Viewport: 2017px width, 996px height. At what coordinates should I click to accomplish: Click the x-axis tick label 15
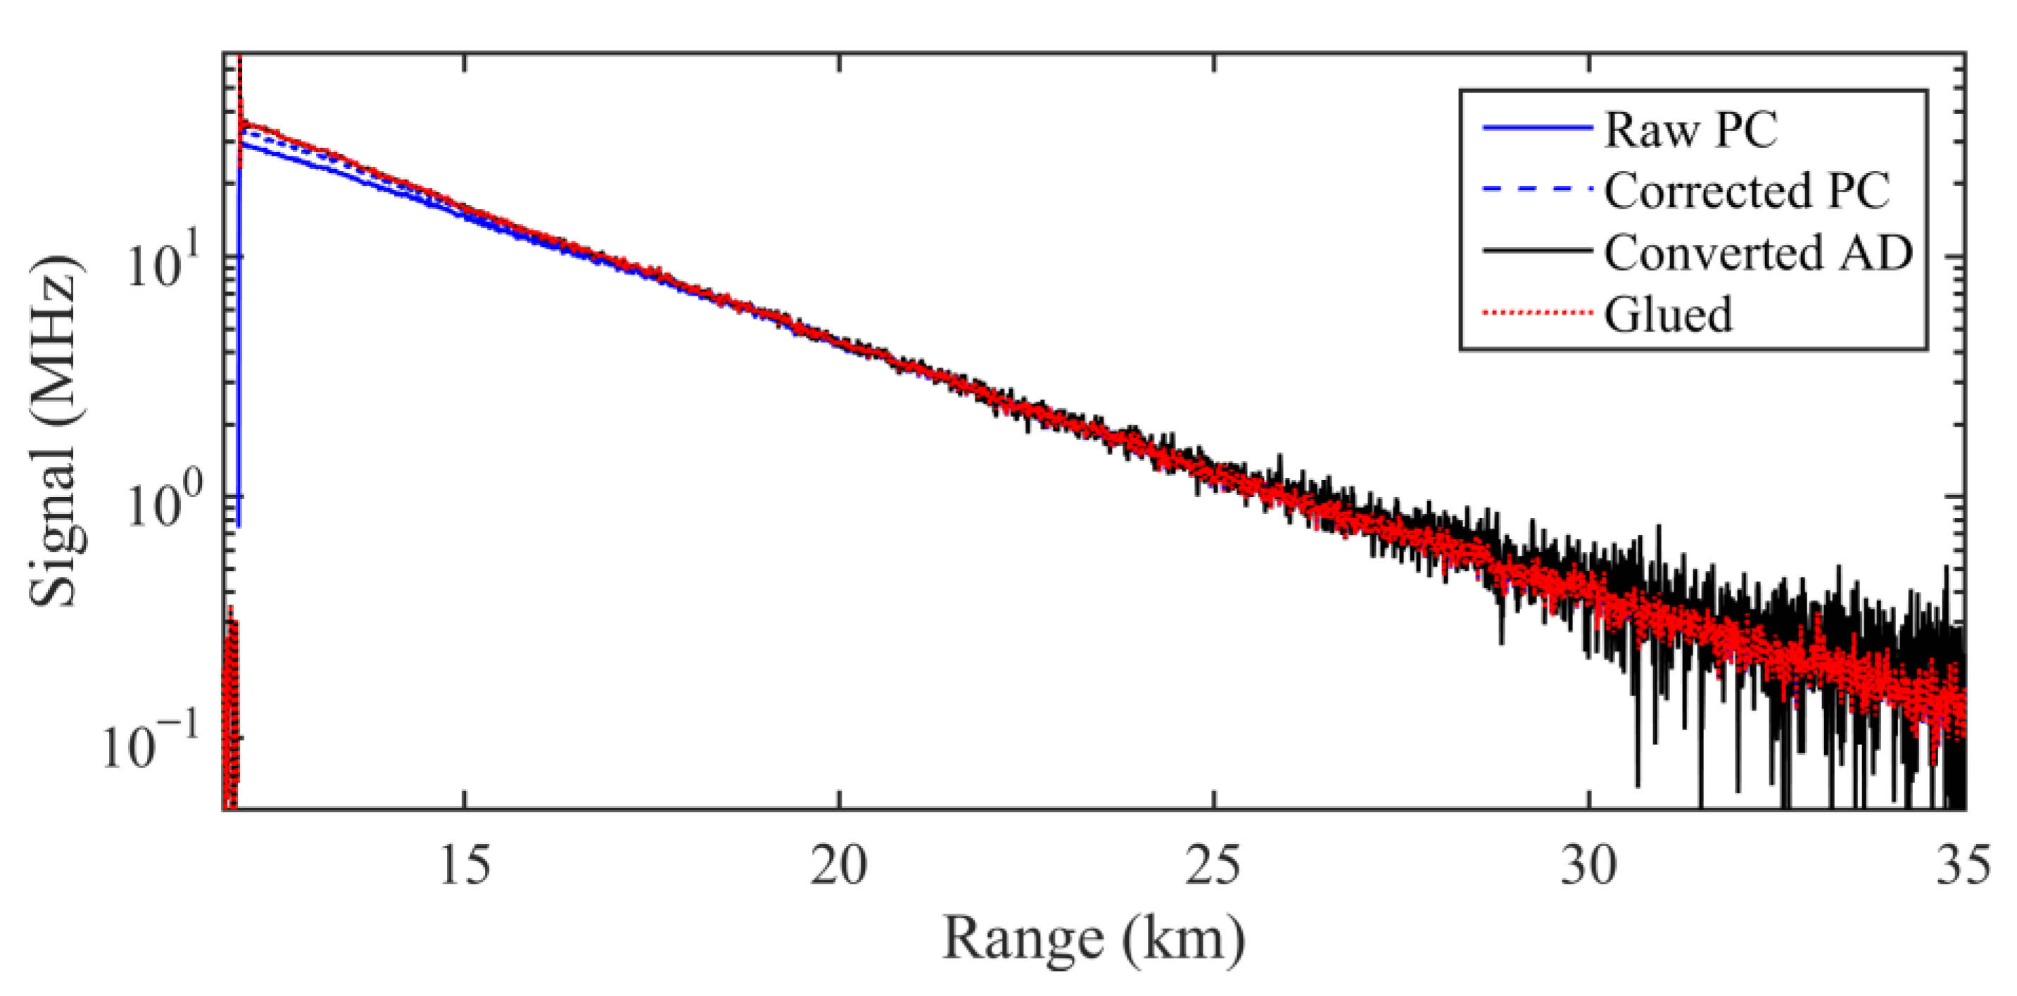[x=465, y=866]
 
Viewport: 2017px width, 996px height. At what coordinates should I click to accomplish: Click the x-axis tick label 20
[x=840, y=866]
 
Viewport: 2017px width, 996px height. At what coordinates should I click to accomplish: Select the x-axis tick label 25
[x=1213, y=866]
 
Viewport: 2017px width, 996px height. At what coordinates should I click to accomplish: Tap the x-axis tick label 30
[x=1588, y=866]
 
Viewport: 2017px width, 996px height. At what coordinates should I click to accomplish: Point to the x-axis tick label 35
[x=1962, y=866]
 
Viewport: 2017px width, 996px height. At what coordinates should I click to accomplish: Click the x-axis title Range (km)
[x=1093, y=938]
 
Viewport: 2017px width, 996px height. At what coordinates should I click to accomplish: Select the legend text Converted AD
[x=1759, y=252]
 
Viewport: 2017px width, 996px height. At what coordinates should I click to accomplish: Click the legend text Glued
[x=1668, y=314]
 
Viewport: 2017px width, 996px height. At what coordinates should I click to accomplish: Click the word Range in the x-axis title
[x=1021, y=938]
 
